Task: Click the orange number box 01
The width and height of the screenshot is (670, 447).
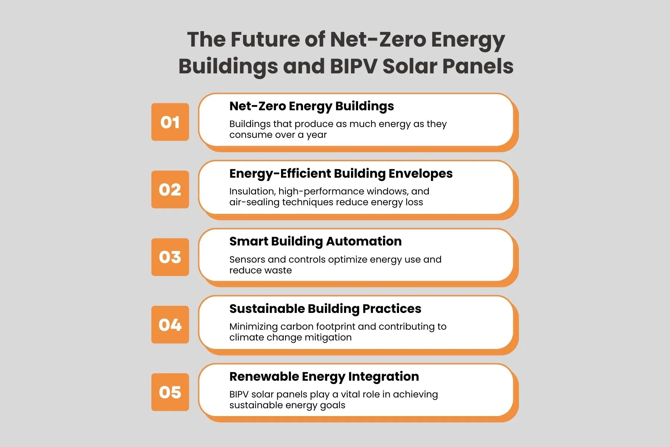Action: pyautogui.click(x=170, y=122)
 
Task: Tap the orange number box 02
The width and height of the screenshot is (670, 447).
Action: pyautogui.click(x=170, y=189)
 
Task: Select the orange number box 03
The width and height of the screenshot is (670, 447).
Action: pyautogui.click(x=170, y=257)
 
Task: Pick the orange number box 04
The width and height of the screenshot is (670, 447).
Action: pyautogui.click(x=170, y=324)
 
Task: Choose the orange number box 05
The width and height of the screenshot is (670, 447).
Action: pyautogui.click(x=170, y=392)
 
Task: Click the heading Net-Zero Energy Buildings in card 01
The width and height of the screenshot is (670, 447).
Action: pyautogui.click(x=312, y=107)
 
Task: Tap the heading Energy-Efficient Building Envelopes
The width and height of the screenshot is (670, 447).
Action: pyautogui.click(x=341, y=174)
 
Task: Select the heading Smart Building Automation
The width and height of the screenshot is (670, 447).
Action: pyautogui.click(x=315, y=241)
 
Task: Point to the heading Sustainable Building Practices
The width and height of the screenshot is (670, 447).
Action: pyautogui.click(x=325, y=309)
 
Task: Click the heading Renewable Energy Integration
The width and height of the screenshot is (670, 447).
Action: pyautogui.click(x=324, y=377)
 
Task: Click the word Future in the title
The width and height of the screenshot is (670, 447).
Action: pyautogui.click(x=265, y=39)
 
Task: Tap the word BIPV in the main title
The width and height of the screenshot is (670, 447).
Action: pyautogui.click(x=354, y=66)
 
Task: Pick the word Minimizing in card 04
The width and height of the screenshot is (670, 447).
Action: pyautogui.click(x=253, y=327)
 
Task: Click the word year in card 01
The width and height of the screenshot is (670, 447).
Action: pyautogui.click(x=316, y=135)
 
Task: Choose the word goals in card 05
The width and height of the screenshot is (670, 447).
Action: pyautogui.click(x=331, y=406)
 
